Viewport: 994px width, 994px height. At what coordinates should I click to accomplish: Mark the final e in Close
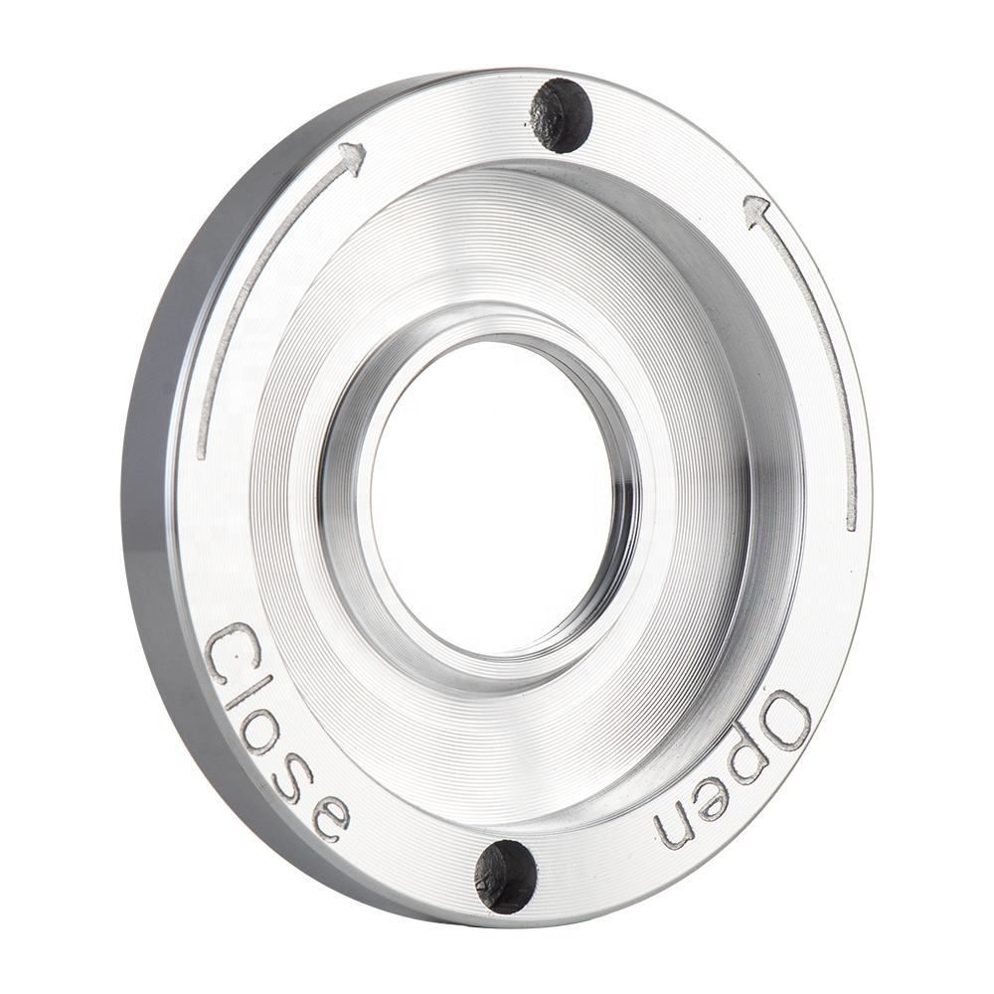[x=328, y=815]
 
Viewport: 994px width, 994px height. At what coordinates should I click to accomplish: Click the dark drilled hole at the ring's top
[x=562, y=114]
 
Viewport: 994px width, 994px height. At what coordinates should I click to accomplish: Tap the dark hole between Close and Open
[x=506, y=875]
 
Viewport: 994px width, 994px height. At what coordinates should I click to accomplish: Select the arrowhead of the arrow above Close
[x=351, y=157]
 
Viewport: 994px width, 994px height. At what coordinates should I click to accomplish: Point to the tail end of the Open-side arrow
[x=851, y=522]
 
